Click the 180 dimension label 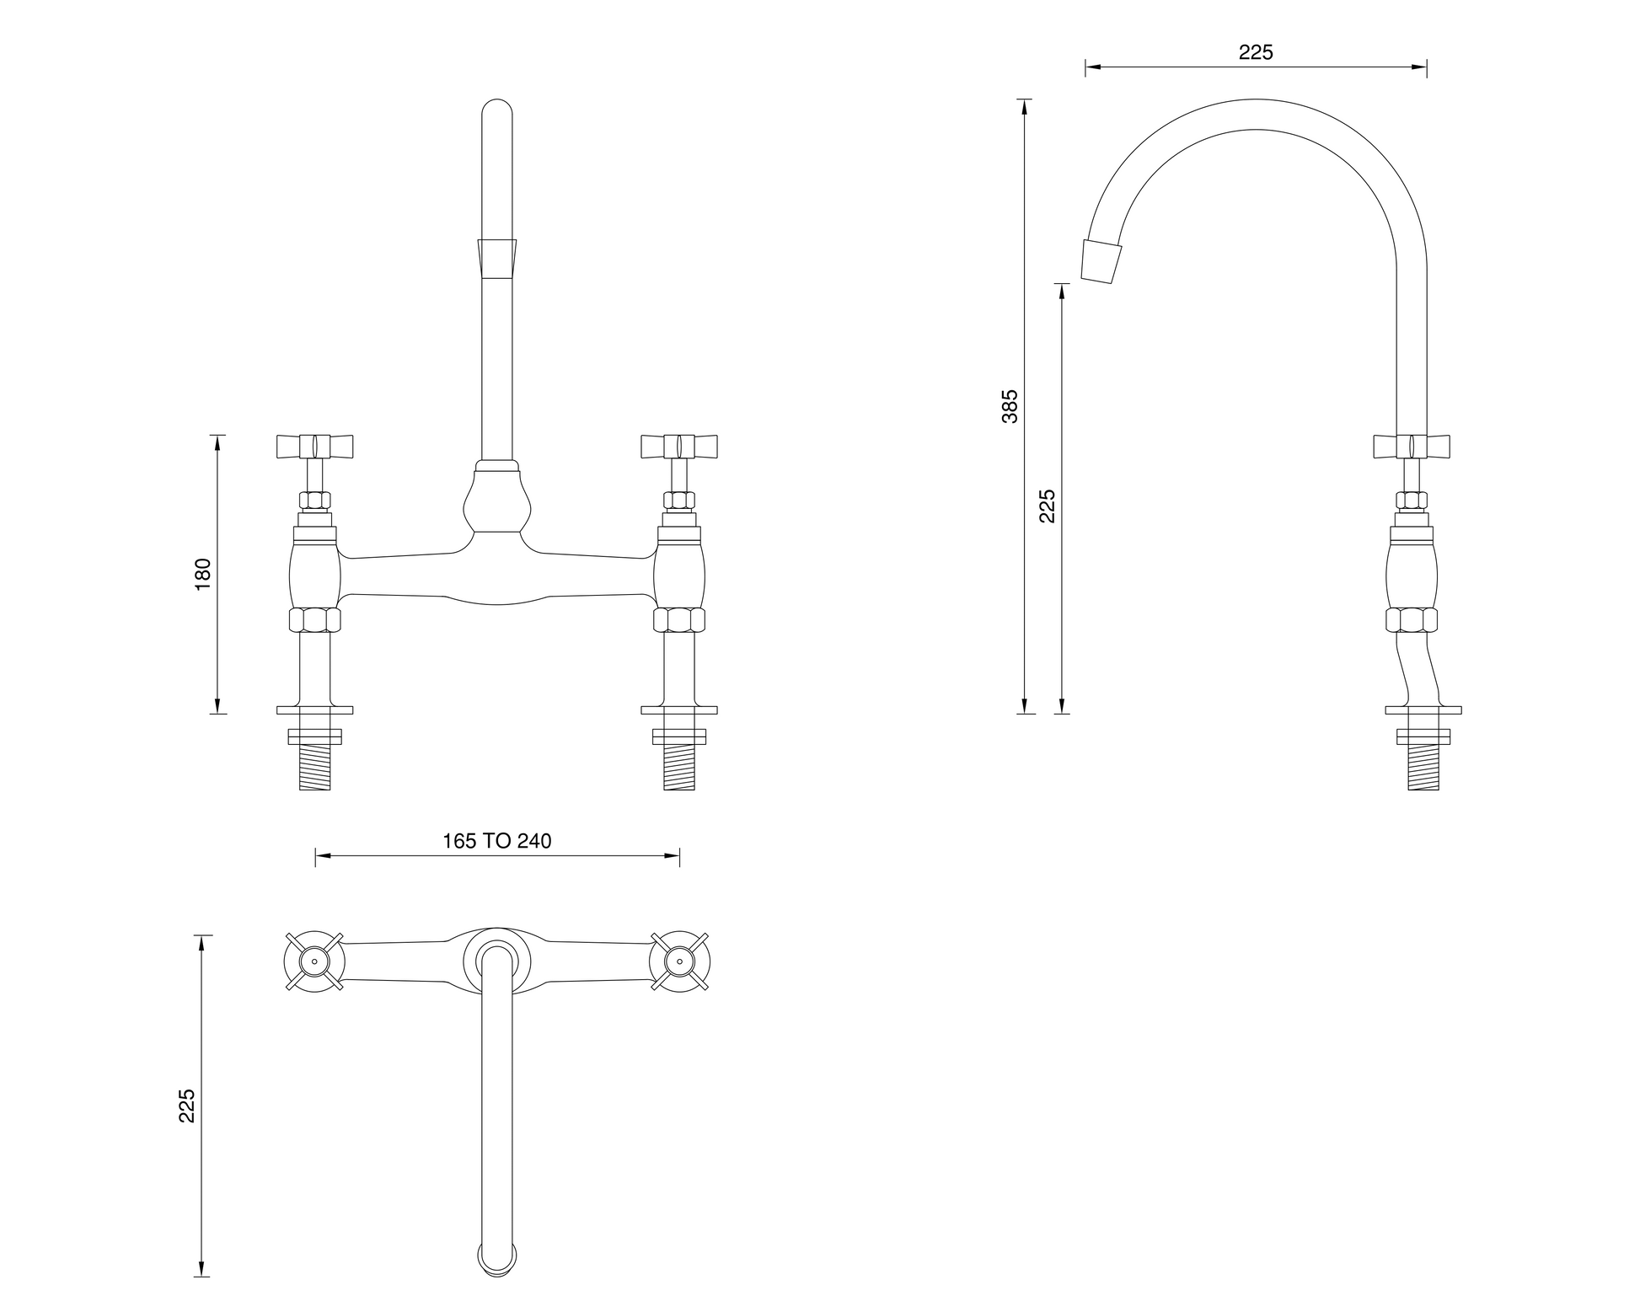click(x=203, y=574)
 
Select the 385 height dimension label click(x=1010, y=406)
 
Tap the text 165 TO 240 click(x=497, y=841)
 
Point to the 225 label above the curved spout click(x=1256, y=52)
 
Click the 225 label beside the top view click(x=187, y=1105)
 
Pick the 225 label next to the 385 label click(x=1047, y=506)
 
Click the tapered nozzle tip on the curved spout click(x=1102, y=261)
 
